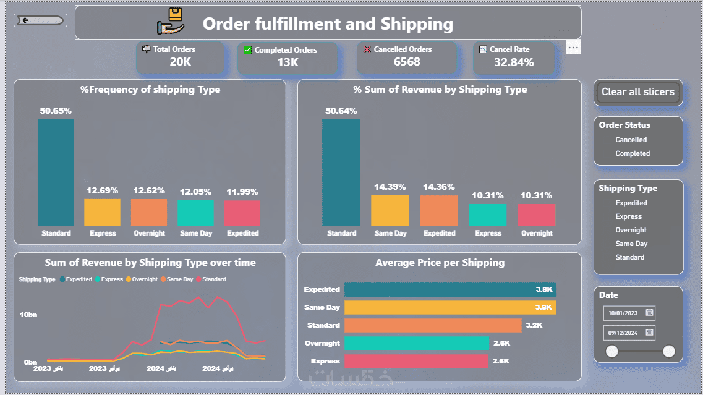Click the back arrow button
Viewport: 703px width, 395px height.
point(40,20)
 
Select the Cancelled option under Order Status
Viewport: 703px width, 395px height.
point(631,140)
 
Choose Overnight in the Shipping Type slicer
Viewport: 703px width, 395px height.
point(631,230)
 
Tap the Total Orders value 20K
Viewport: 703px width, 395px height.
point(181,62)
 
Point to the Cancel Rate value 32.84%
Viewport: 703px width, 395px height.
point(514,62)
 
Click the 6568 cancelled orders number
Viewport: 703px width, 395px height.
point(407,62)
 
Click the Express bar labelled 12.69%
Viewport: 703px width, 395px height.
point(102,212)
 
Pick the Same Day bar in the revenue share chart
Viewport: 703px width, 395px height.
point(390,210)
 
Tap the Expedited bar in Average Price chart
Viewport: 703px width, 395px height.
point(449,289)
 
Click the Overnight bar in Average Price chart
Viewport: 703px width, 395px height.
point(416,343)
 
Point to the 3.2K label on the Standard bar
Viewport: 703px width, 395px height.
point(534,325)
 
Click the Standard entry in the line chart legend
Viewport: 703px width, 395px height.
point(214,279)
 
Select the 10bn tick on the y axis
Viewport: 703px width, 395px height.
point(28,315)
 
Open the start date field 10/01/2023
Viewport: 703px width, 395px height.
point(623,313)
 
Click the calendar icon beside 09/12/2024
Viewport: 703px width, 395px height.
point(649,333)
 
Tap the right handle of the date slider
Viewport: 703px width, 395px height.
point(668,352)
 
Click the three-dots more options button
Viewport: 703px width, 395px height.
point(573,48)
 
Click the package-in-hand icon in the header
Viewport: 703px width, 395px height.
point(171,22)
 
